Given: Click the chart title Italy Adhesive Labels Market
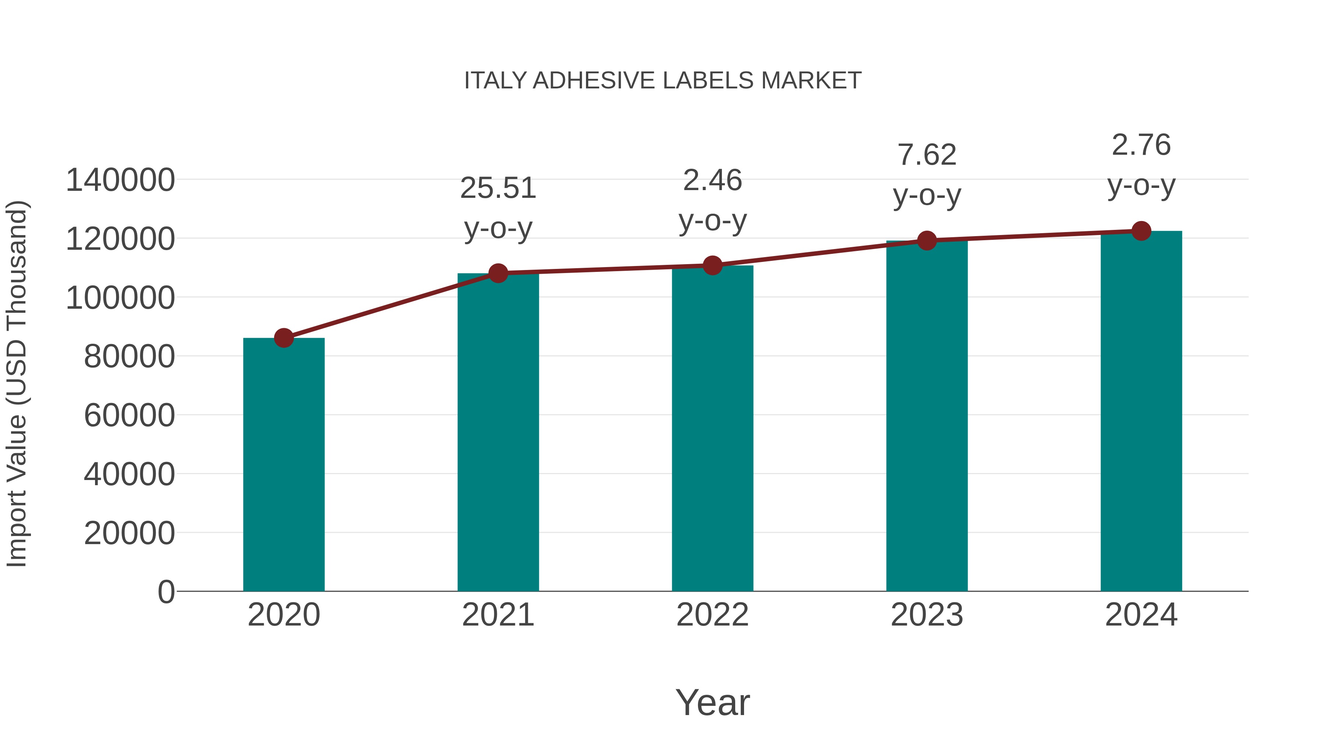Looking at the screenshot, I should (663, 81).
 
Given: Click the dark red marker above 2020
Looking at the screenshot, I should (284, 338).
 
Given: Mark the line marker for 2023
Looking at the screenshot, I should (927, 241).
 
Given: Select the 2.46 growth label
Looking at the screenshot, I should (712, 201).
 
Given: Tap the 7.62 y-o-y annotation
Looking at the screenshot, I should (927, 175).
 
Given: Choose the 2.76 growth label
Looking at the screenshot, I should (1141, 165).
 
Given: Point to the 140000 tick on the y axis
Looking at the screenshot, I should (120, 181).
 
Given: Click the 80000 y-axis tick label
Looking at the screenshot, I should (129, 357).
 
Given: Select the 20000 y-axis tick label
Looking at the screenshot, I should (129, 533).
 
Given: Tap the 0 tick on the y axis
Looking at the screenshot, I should (166, 592).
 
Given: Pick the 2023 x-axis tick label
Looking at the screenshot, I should (927, 615).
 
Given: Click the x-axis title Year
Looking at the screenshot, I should (712, 703).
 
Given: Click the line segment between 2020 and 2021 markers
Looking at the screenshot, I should (391, 306).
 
